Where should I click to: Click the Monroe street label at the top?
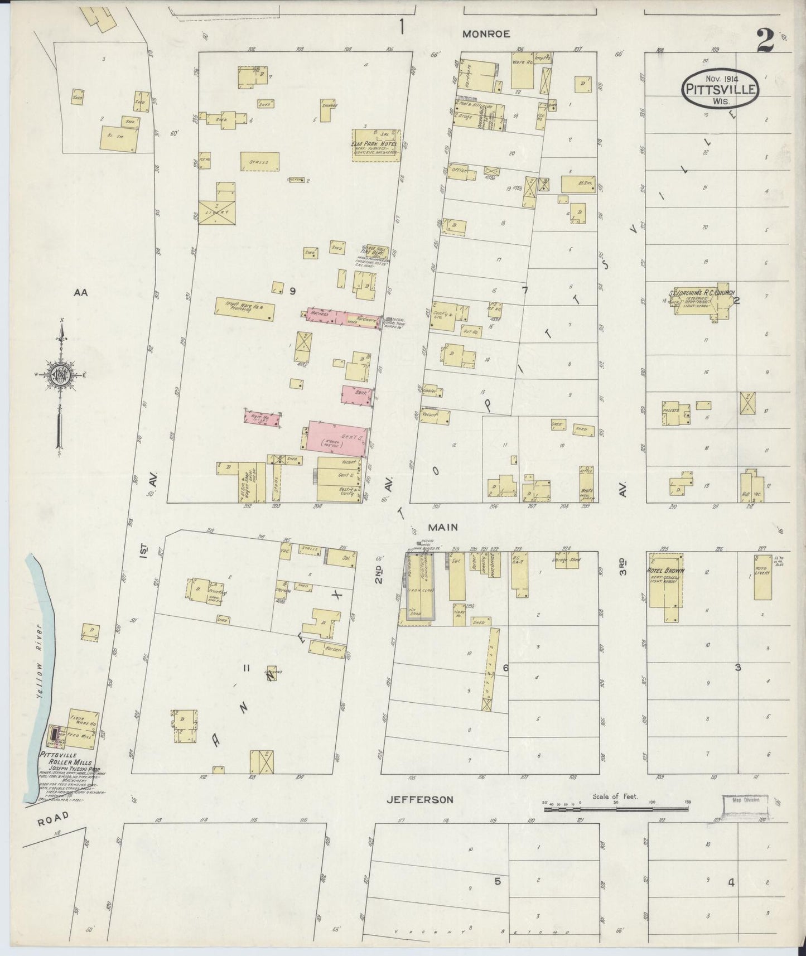pyautogui.click(x=486, y=34)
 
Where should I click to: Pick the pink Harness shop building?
pyautogui.click(x=326, y=315)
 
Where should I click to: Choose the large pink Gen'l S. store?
pyautogui.click(x=337, y=436)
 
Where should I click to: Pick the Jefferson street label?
pyautogui.click(x=420, y=800)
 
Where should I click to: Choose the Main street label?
pyautogui.click(x=443, y=527)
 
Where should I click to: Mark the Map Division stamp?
pyautogui.click(x=745, y=804)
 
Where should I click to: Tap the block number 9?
pyautogui.click(x=291, y=291)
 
